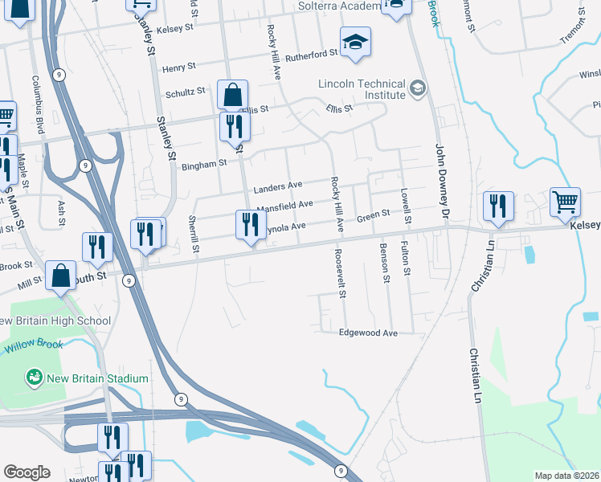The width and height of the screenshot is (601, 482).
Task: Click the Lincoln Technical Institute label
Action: click(362, 88)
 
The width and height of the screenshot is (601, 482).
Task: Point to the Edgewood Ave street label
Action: click(369, 333)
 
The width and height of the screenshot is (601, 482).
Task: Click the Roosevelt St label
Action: click(342, 272)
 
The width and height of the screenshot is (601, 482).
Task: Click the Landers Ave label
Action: click(277, 189)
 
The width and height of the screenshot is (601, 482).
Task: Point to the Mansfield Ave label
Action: click(284, 207)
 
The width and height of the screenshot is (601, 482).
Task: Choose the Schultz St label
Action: click(186, 92)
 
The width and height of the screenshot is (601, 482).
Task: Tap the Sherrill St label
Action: click(194, 233)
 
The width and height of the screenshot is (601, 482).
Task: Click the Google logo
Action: click(27, 472)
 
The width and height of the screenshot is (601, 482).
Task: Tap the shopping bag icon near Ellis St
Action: click(231, 95)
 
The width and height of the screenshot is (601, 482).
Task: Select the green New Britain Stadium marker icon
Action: click(34, 376)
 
